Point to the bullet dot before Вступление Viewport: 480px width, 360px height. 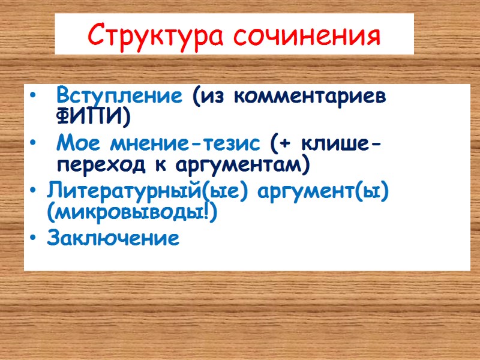tap(32, 96)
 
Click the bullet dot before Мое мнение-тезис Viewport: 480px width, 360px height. tap(32, 145)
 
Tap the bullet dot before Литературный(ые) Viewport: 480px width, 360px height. tap(32, 193)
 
